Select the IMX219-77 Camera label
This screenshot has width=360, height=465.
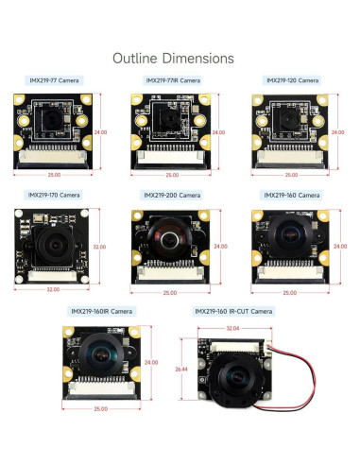click(x=54, y=81)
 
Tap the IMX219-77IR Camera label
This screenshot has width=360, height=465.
click(x=172, y=81)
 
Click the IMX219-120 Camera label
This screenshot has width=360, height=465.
click(x=292, y=81)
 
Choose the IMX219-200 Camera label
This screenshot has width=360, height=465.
click(x=172, y=196)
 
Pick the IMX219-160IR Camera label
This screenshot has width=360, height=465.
click(x=102, y=311)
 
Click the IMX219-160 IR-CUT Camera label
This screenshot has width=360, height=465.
click(x=233, y=311)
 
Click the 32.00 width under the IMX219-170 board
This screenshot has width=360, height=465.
click(x=54, y=289)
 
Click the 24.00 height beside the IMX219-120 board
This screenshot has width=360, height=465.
click(x=339, y=132)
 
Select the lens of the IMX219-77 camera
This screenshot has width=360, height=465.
click(x=50, y=119)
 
